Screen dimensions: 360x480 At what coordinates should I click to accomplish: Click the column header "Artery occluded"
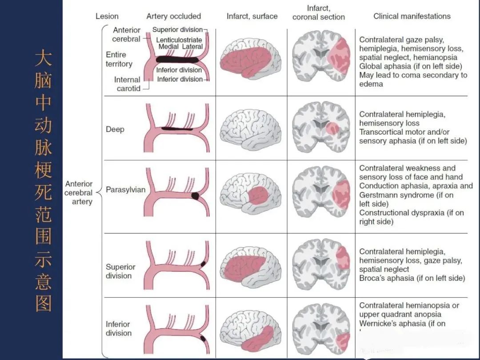tap(174, 16)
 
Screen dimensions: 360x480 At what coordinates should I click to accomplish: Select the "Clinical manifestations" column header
tap(412, 16)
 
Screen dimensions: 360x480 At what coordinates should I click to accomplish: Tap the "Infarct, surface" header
tap(252, 16)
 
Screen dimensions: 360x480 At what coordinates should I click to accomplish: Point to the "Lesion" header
tap(107, 16)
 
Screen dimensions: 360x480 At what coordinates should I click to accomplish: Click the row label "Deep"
tap(115, 129)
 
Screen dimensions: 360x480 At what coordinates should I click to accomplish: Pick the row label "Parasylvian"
tap(125, 190)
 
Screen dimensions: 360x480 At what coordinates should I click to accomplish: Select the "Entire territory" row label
tap(119, 59)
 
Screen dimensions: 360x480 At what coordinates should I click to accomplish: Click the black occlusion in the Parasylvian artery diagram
tap(195, 195)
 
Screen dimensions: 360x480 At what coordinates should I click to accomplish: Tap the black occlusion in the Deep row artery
tap(176, 129)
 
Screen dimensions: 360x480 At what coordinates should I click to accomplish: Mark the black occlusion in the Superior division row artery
tap(203, 264)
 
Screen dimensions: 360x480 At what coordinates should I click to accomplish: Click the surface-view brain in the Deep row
tap(251, 127)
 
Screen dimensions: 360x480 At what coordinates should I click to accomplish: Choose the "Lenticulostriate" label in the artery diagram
tap(179, 40)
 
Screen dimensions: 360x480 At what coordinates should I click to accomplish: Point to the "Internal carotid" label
tap(127, 84)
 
